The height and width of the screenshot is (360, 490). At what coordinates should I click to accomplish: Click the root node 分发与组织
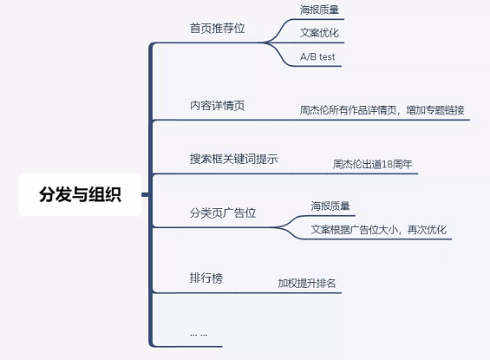click(80, 194)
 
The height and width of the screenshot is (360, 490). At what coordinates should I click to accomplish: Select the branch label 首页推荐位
click(218, 29)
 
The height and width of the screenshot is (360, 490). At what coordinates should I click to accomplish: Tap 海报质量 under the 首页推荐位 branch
click(319, 10)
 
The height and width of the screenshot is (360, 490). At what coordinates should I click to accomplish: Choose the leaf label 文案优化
click(319, 33)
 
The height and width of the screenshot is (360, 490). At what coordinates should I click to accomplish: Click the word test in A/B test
click(327, 57)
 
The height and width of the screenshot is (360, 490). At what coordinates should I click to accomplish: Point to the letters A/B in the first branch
click(308, 57)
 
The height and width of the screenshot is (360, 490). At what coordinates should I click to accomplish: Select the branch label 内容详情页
click(218, 106)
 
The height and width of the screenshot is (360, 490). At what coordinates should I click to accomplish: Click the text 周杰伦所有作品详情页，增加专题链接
click(382, 110)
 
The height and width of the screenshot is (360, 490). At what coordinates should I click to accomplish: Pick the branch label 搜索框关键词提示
click(234, 159)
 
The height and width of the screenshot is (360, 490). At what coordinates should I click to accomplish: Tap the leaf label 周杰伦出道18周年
click(373, 164)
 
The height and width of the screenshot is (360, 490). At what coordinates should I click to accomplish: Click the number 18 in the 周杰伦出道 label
click(388, 164)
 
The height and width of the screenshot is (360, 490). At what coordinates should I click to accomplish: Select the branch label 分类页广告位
click(223, 213)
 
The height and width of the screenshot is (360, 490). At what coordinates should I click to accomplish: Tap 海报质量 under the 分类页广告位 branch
click(330, 206)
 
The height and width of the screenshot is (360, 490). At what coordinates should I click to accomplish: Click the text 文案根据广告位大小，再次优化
click(379, 230)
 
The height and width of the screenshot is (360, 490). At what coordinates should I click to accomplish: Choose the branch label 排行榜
click(206, 278)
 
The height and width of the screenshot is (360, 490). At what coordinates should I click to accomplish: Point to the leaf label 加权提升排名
click(307, 283)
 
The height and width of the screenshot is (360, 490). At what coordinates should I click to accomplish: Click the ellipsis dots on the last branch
click(199, 335)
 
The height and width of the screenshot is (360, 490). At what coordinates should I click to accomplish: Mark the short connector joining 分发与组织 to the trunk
click(146, 194)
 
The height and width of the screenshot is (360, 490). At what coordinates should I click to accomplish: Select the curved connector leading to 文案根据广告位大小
click(289, 232)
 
